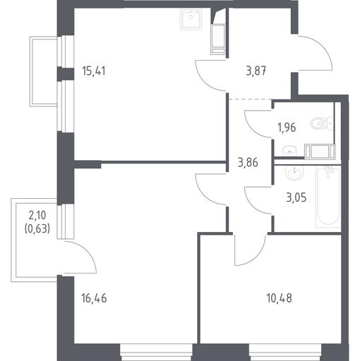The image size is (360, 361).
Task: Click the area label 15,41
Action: tap(94, 71)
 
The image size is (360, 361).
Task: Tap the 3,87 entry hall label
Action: tap(256, 71)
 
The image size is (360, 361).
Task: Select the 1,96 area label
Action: tap(287, 128)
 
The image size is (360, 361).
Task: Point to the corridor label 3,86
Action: tap(248, 162)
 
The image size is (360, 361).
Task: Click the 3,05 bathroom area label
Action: tap(296, 197)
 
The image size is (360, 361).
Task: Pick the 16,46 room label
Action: tap(94, 298)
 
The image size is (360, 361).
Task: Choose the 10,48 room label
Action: tap(280, 298)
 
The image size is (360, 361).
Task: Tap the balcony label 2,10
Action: tap(37, 215)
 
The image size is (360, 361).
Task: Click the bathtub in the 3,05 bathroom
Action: tap(328, 197)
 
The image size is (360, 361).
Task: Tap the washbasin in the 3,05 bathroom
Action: tap(294, 173)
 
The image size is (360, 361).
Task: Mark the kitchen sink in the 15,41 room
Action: tap(191, 19)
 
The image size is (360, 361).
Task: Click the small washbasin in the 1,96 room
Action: tap(289, 150)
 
